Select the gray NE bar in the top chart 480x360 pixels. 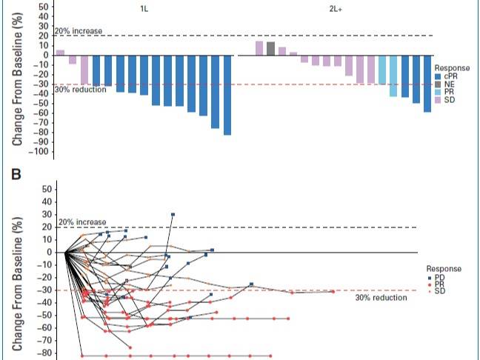tap(270, 48)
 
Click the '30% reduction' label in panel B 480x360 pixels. tap(381, 298)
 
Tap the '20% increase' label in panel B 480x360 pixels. tap(82, 222)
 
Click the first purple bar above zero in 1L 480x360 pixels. tap(60, 53)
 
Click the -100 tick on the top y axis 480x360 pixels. tap(39, 152)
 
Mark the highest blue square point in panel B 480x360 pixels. tap(173, 214)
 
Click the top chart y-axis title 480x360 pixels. tap(15, 74)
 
